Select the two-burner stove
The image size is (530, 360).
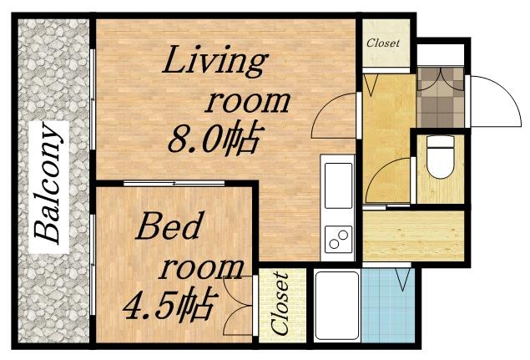pos(339,239)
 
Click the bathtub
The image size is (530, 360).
pos(337,305)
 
